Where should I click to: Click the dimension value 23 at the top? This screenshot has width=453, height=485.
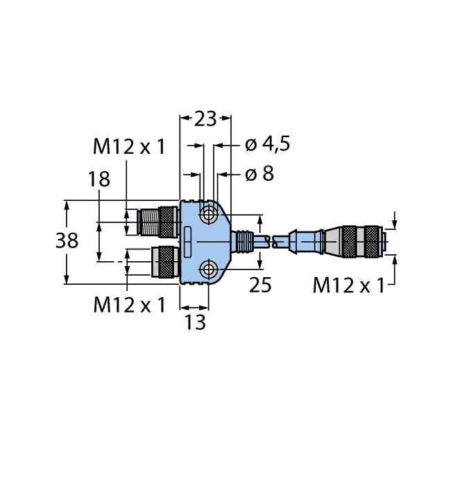205,119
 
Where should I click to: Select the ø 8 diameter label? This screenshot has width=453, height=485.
259,174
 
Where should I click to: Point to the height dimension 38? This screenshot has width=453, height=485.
67,241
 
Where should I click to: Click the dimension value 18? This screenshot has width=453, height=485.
99,179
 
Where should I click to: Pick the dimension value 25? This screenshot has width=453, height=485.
260,285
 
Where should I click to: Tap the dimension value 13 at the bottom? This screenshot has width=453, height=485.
195,322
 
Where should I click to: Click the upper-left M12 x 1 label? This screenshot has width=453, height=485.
129,146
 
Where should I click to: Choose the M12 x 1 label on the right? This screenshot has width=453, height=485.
348,285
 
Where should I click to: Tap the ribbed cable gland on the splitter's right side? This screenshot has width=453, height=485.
243,240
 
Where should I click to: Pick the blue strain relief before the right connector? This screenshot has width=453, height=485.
309,242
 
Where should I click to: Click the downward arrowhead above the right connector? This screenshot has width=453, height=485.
395,224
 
